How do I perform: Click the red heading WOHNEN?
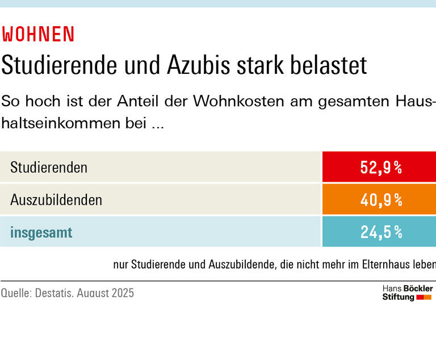click(38, 35)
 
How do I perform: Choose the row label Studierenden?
click(49, 168)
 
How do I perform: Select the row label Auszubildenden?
click(56, 200)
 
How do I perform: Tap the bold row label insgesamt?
click(41, 232)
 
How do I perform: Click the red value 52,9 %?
click(381, 168)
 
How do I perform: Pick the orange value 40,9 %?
click(381, 200)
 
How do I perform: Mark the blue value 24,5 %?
click(381, 232)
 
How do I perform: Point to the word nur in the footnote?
click(121, 265)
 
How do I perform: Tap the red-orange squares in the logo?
click(424, 297)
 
